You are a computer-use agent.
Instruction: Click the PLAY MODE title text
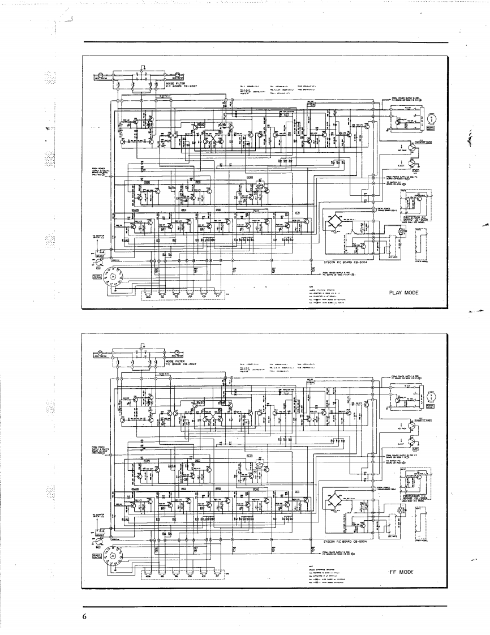(x=403, y=293)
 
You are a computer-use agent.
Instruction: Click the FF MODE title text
(x=403, y=572)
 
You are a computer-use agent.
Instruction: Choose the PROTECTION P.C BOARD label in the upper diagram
(x=416, y=218)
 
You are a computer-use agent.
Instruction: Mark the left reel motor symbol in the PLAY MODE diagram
(x=101, y=75)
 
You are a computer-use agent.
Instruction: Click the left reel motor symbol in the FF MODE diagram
(x=101, y=353)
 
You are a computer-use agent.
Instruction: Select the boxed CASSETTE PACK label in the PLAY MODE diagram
(x=421, y=141)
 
